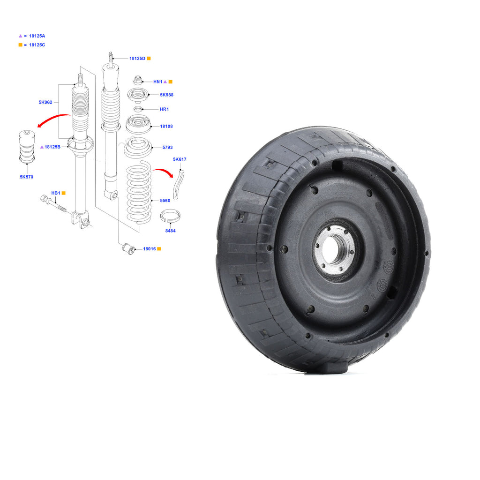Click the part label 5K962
click(x=45, y=102)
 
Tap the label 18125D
click(x=137, y=59)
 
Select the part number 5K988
click(x=166, y=95)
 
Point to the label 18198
click(x=166, y=126)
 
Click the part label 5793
click(x=167, y=147)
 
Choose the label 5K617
click(x=180, y=159)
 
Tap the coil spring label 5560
click(x=165, y=201)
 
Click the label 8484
click(x=171, y=231)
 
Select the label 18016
click(x=150, y=249)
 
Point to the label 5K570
click(x=26, y=177)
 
